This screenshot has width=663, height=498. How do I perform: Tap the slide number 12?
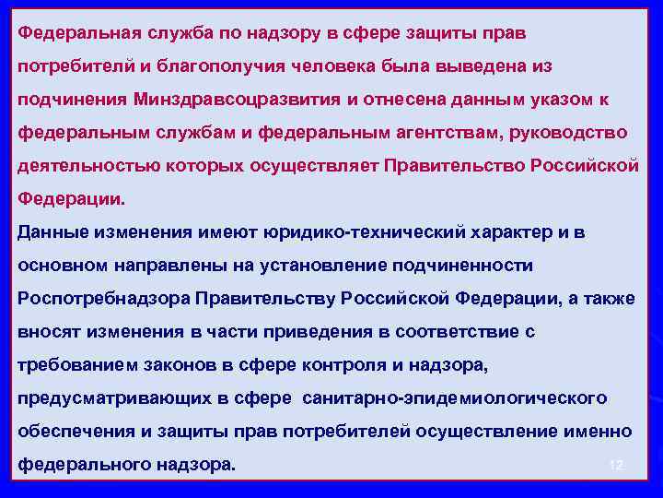tap(616, 466)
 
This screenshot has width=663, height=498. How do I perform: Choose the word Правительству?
tap(268, 299)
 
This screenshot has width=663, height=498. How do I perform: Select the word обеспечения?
tap(72, 432)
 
